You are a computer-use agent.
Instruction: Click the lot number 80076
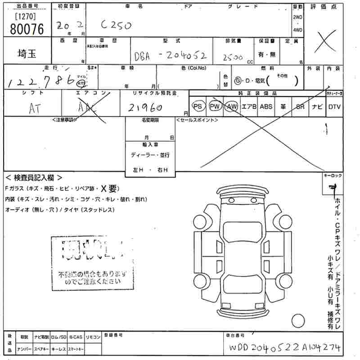26,29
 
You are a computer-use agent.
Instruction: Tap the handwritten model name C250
116,25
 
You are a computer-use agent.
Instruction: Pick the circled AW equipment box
232,106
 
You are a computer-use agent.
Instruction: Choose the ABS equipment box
266,106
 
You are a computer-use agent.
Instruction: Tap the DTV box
334,106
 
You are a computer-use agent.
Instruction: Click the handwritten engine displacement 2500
232,57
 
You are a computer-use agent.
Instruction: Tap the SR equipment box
300,106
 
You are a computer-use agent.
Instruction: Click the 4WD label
298,30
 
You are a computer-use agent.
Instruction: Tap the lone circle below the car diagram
298,320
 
